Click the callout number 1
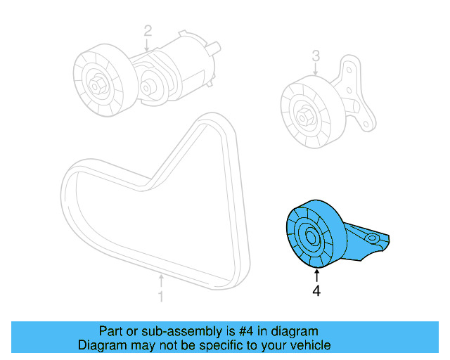click(160, 296)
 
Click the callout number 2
click(148, 30)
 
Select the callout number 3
click(316, 55)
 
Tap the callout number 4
click(316, 290)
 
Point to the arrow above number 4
click(316, 275)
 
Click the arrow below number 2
click(148, 44)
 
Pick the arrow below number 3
click(316, 69)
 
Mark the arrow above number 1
click(160, 281)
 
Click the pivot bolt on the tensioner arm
click(148, 89)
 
